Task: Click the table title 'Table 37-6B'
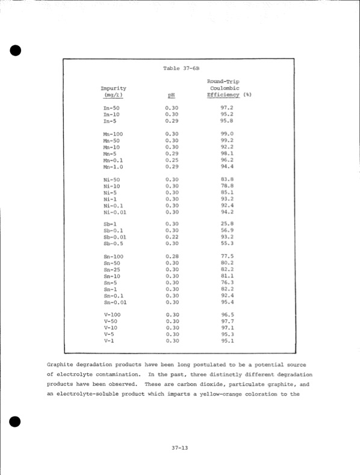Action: [181, 68]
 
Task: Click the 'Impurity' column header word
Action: [113, 88]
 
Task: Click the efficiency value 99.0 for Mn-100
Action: [227, 134]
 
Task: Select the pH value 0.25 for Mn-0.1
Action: [172, 160]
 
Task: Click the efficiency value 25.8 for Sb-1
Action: [227, 225]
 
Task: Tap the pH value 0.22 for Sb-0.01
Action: [172, 238]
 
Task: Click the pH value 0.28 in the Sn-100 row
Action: [172, 256]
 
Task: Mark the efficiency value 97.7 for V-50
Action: [227, 321]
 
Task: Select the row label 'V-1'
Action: [110, 341]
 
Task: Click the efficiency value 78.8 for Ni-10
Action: [227, 186]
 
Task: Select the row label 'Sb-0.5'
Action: [113, 244]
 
